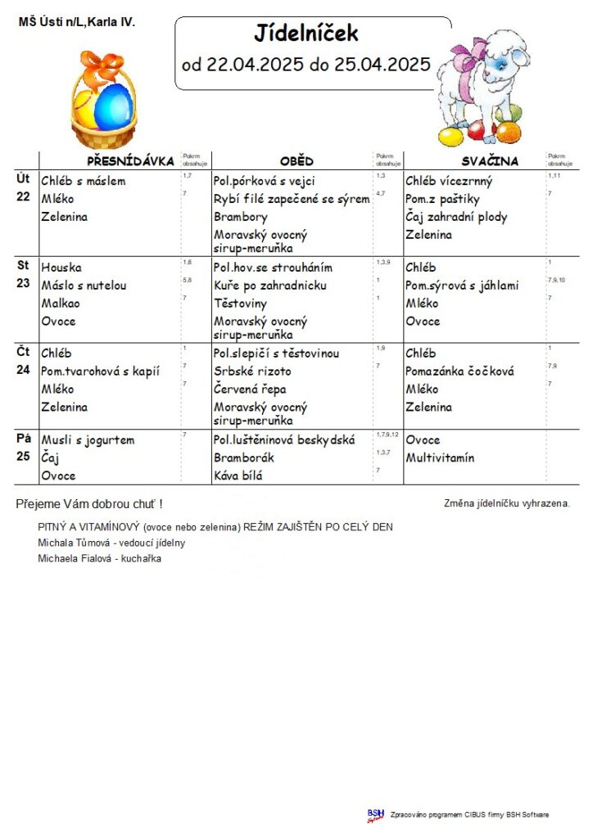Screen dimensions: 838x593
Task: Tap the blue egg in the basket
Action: click(114, 107)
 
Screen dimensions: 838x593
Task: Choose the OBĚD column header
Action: click(296, 161)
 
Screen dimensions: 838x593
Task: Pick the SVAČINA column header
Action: click(489, 161)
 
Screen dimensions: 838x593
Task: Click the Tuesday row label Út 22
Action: click(24, 187)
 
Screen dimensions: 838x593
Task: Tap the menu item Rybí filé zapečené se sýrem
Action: click(291, 199)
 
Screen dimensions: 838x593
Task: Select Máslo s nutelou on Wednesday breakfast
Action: click(84, 286)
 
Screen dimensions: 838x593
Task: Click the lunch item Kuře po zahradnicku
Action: click(270, 286)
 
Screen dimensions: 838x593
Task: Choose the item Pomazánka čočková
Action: click(459, 372)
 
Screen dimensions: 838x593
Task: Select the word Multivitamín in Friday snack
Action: click(440, 458)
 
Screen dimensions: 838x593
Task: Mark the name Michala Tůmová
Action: click(72, 543)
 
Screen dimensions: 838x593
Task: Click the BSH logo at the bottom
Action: click(375, 815)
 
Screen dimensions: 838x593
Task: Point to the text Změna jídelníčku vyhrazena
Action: click(506, 503)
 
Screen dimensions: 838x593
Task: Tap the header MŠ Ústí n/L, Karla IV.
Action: click(76, 22)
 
